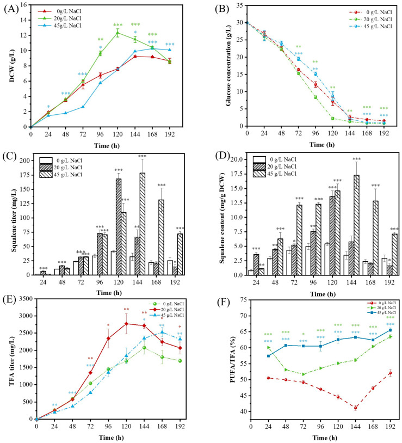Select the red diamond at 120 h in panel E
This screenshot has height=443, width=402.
pos(127,323)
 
